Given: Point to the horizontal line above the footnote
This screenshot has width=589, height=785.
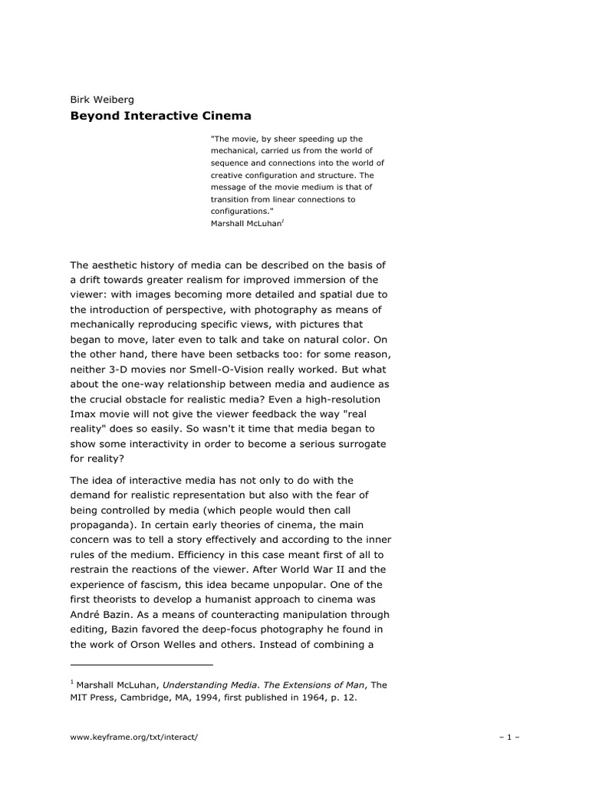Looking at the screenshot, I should coord(141,665).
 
